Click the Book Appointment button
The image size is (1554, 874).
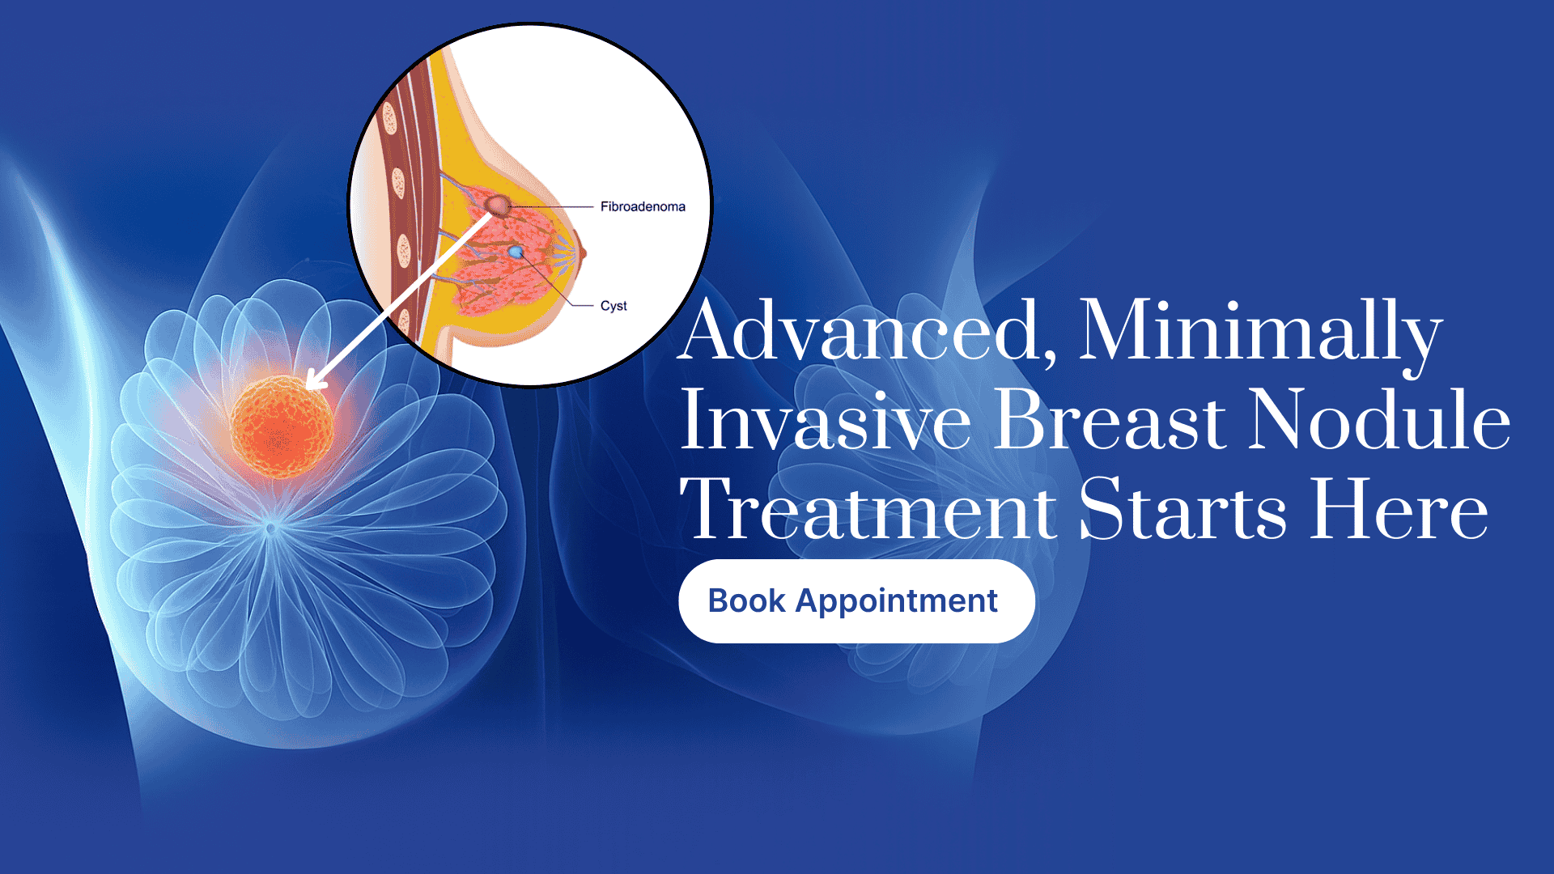point(856,601)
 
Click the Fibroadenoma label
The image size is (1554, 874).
point(643,206)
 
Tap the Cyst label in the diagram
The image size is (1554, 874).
point(614,306)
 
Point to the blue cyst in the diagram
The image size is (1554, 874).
point(516,252)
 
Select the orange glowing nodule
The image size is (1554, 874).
point(281,426)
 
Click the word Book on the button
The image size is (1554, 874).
point(747,601)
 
